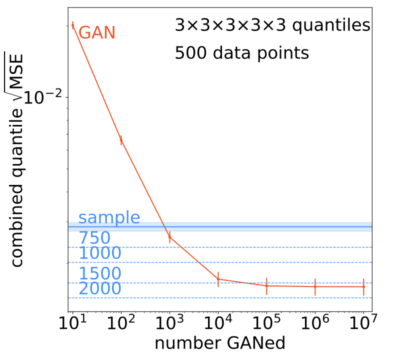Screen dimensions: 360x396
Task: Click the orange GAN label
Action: (x=97, y=33)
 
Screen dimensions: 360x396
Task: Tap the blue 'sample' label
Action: (x=109, y=218)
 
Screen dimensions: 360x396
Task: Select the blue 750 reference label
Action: (x=94, y=238)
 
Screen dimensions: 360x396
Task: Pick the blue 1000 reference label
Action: (x=100, y=253)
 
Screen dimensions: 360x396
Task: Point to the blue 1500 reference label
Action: (x=100, y=273)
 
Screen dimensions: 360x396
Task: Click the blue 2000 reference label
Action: (x=100, y=289)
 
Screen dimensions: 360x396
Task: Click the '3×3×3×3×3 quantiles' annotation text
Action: (x=272, y=25)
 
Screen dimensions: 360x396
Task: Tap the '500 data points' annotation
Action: (x=241, y=53)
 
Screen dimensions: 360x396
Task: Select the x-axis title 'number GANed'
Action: (x=220, y=344)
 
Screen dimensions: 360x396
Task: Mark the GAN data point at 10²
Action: (x=121, y=140)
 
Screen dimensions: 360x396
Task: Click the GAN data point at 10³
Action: (x=169, y=237)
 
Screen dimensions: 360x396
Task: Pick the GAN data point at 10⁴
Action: (x=218, y=279)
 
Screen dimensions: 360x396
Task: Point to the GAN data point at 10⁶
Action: (x=315, y=286)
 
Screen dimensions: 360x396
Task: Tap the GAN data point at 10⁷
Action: (x=363, y=286)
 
